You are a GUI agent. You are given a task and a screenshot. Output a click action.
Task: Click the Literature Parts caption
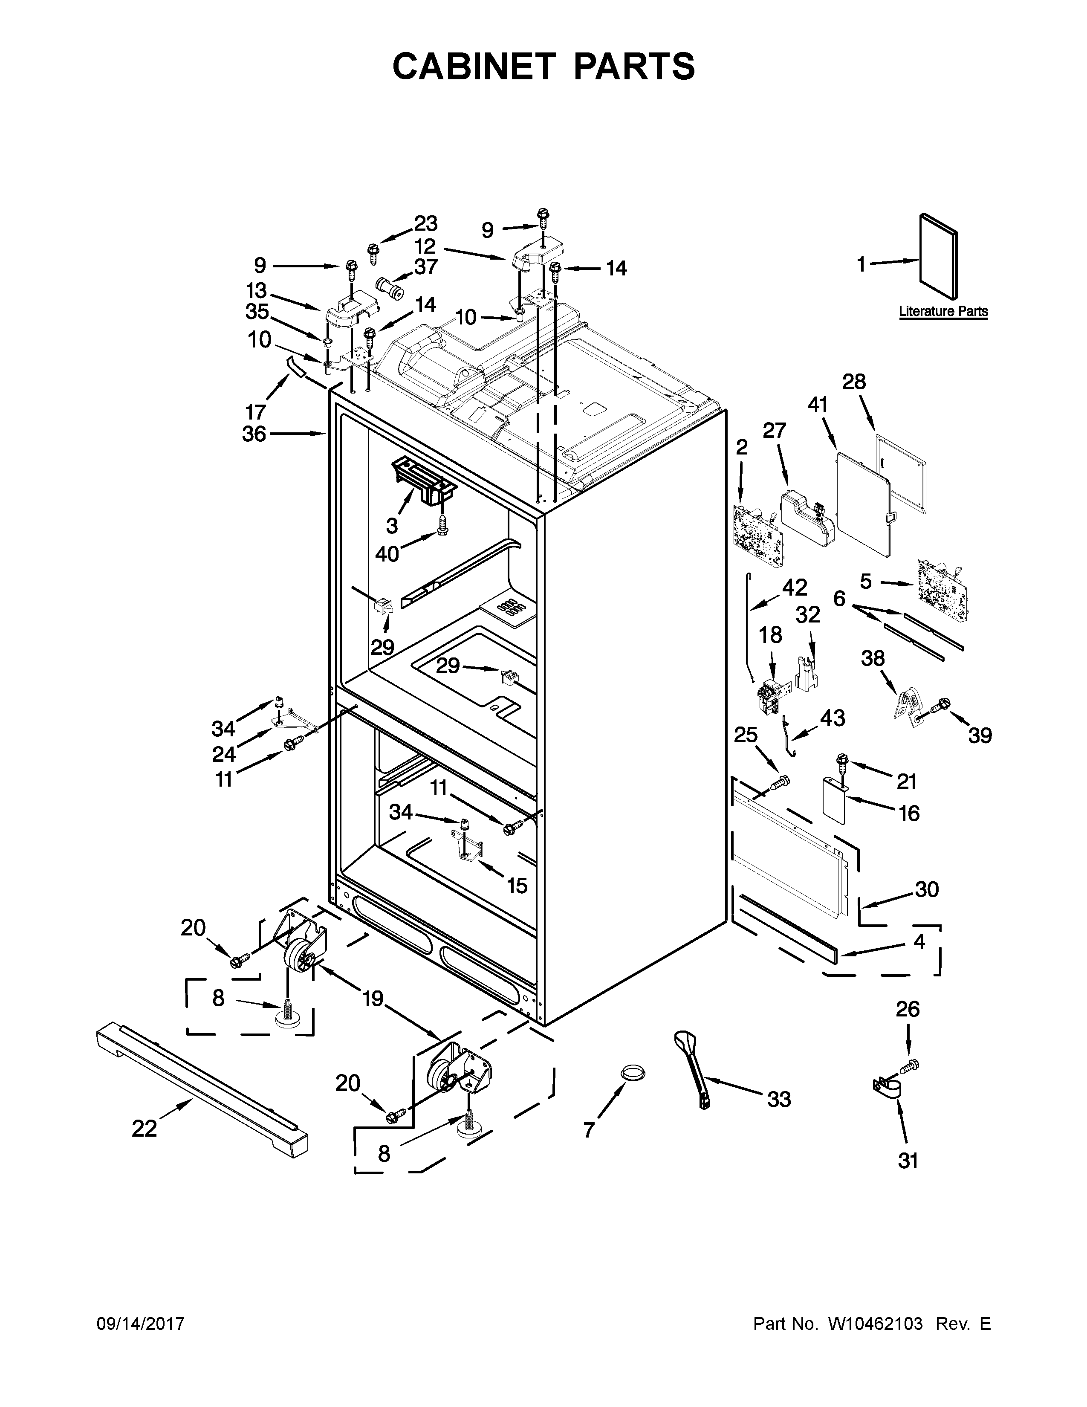pos(943,312)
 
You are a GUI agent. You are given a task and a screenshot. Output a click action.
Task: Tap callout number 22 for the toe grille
pos(144,1128)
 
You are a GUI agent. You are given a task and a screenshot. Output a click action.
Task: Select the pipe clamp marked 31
pos(887,1089)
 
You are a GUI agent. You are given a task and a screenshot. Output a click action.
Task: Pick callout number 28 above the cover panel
pos(855,382)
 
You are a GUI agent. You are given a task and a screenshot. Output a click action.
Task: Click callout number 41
pos(818,405)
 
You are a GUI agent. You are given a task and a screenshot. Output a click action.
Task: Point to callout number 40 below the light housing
pos(387,553)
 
